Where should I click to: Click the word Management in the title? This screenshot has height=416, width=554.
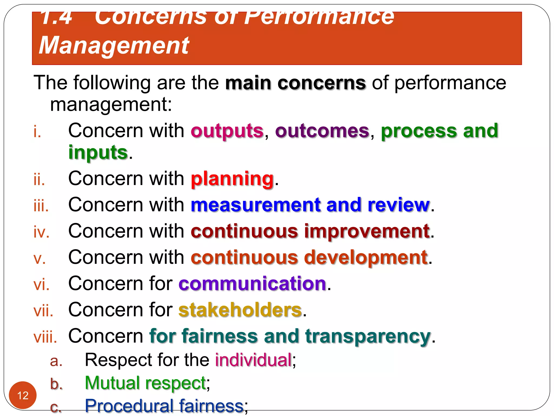114,45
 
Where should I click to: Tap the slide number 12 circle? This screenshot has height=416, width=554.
23,395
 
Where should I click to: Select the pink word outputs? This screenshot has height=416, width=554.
227,131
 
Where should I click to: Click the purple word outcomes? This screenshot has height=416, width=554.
322,131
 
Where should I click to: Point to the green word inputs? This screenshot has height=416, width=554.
98,153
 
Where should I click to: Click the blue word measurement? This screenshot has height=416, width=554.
255,205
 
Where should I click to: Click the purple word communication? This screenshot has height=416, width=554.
252,284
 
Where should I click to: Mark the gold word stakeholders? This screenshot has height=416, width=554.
240,310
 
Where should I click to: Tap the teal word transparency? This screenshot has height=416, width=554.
368,336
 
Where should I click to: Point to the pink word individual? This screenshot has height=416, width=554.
253,360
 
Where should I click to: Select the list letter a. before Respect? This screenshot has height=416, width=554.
56,361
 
